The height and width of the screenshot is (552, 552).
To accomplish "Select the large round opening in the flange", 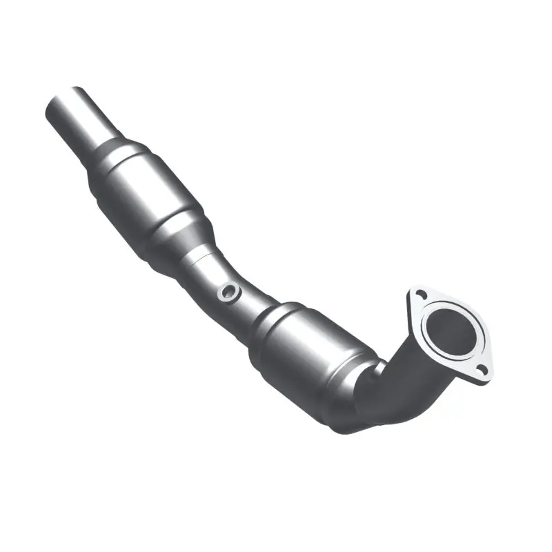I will [450, 330].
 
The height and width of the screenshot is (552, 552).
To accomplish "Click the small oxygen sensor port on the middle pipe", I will [228, 293].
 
